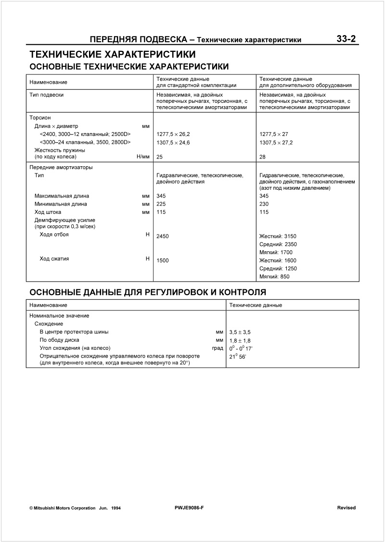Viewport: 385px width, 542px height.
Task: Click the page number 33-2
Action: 346,39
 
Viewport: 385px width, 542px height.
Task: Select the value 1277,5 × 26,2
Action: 173,134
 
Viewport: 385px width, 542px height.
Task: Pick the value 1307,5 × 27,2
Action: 276,143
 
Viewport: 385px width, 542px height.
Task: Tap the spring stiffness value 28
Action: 262,157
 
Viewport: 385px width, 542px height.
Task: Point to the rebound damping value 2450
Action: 163,236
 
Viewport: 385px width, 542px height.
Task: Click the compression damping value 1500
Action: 163,260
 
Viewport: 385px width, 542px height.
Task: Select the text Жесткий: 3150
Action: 278,236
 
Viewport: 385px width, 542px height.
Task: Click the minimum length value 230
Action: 264,204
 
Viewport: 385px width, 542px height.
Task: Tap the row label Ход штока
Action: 48,212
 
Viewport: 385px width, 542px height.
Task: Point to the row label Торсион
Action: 40,117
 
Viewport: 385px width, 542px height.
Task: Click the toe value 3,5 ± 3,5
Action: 240,332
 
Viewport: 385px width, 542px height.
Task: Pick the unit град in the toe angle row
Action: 218,348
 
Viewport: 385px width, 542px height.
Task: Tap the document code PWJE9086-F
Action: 190,508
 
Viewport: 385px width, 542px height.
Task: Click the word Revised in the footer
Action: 346,508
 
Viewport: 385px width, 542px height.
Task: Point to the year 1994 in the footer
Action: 115,508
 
